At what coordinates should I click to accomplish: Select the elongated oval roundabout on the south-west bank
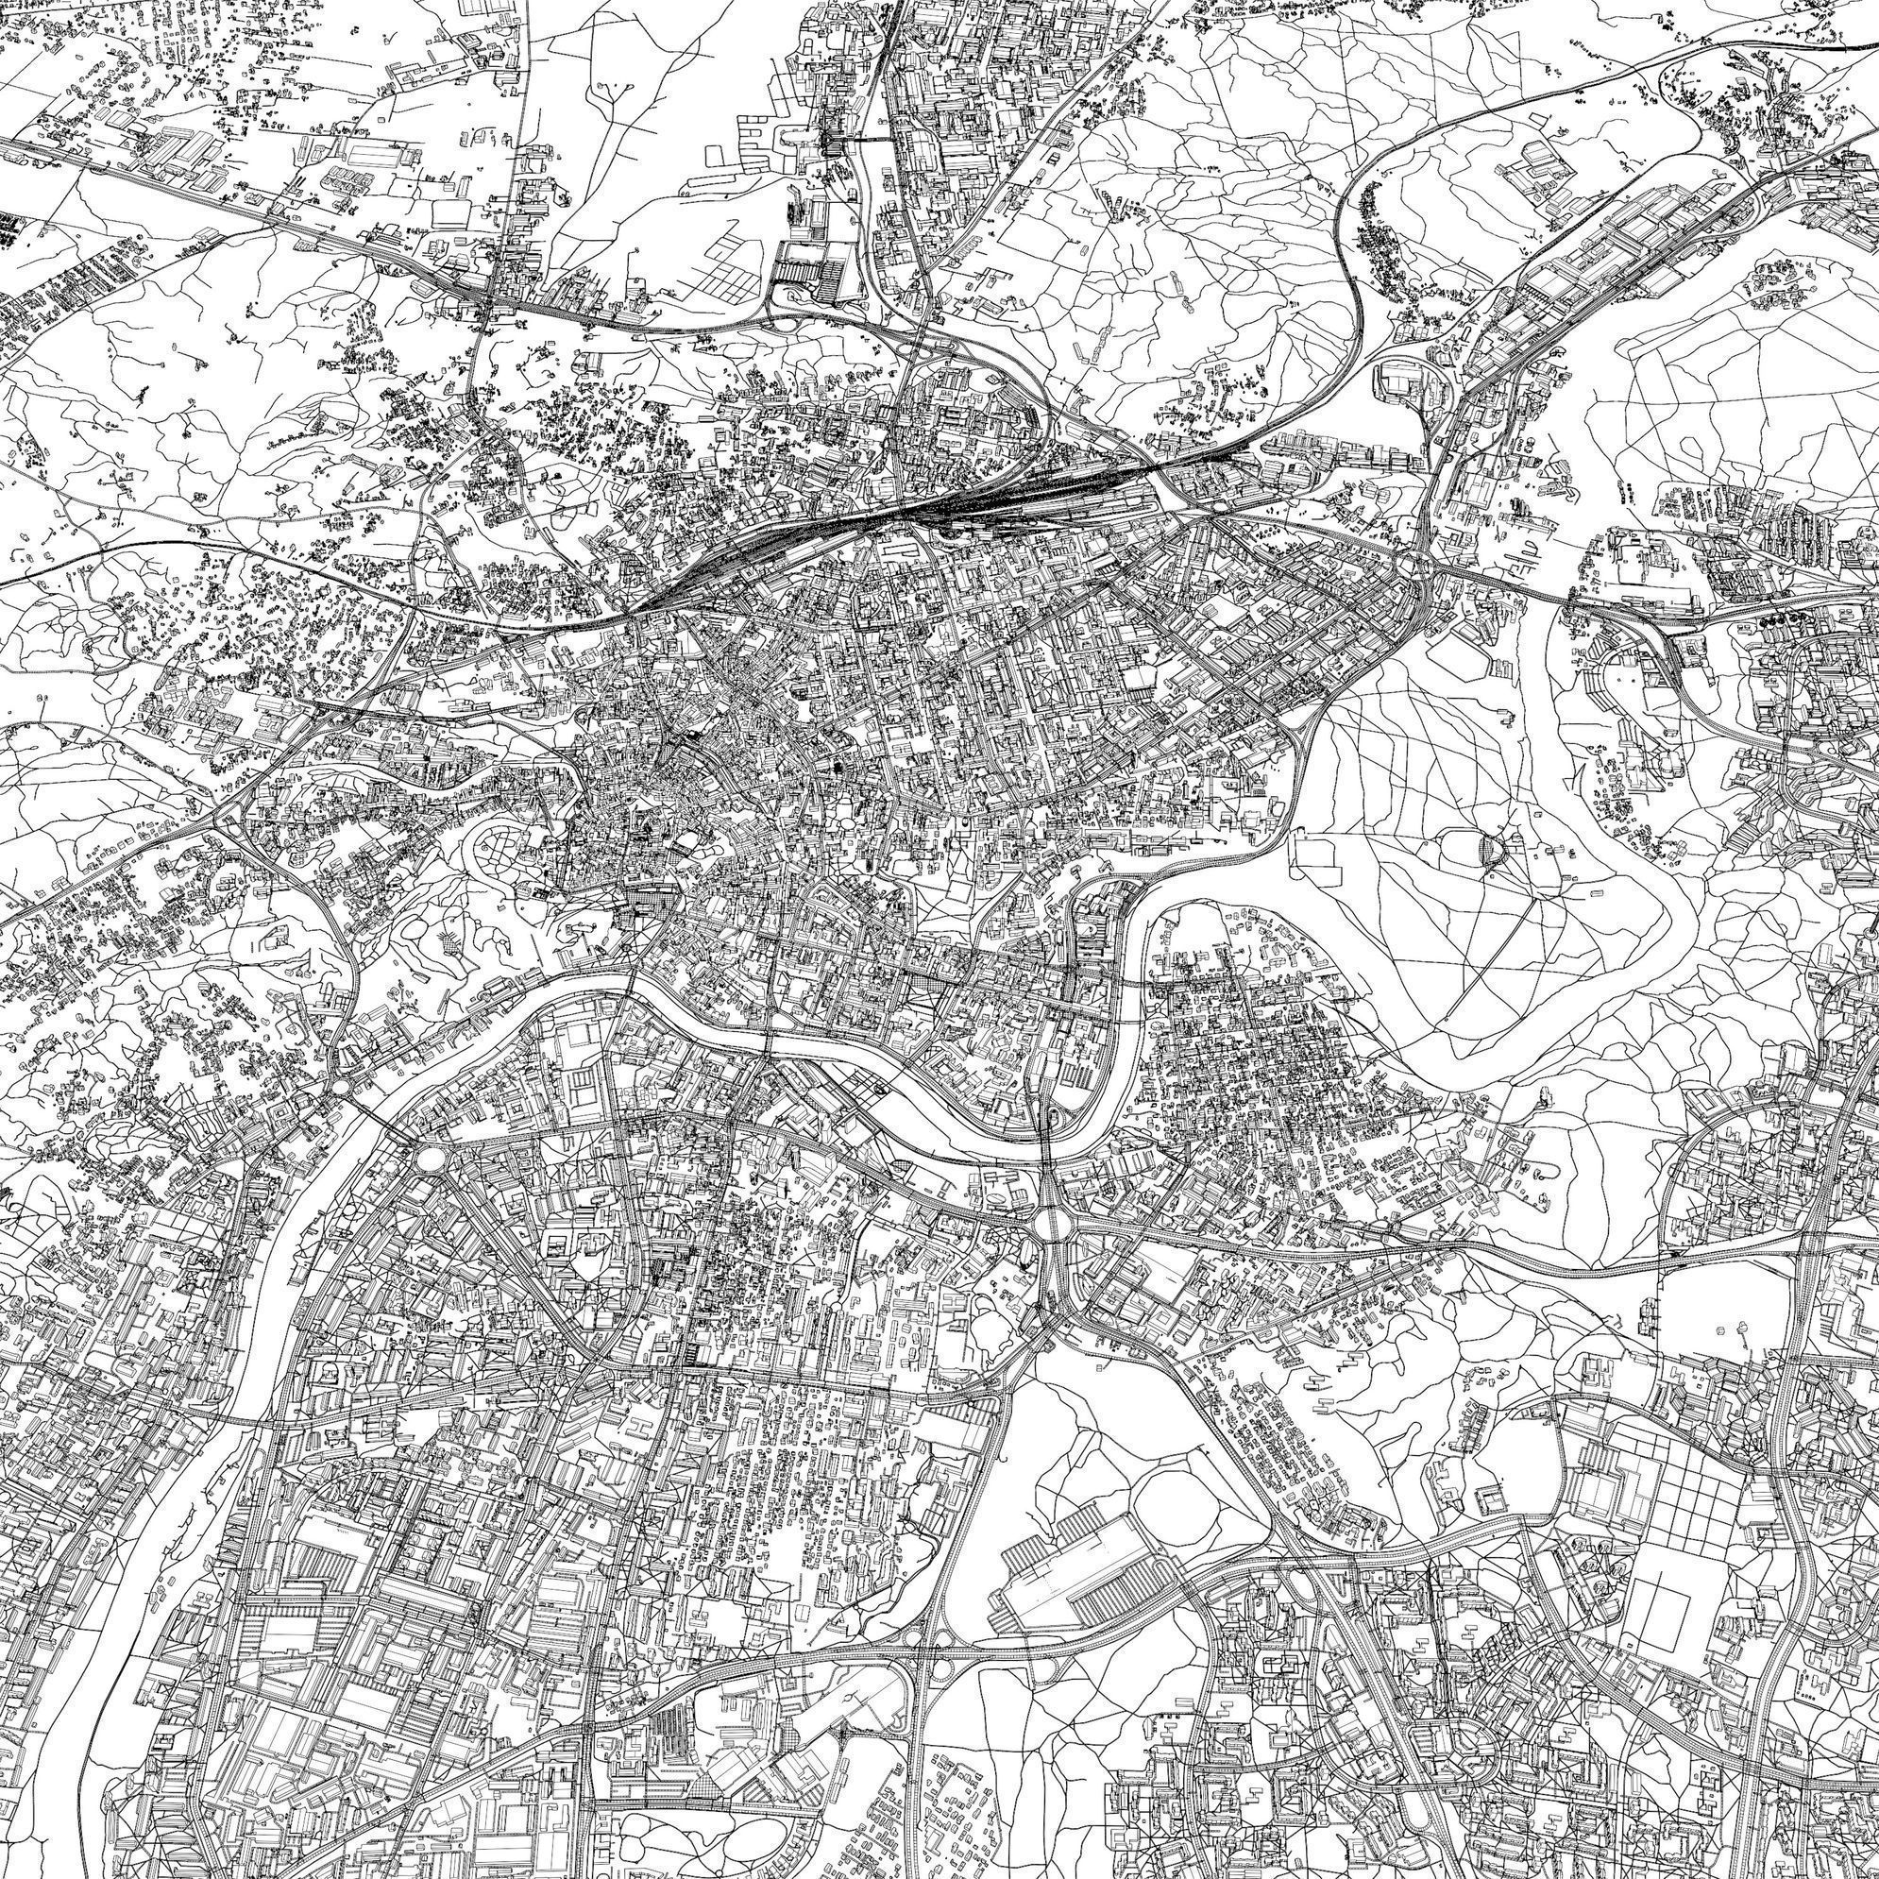(431, 1159)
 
